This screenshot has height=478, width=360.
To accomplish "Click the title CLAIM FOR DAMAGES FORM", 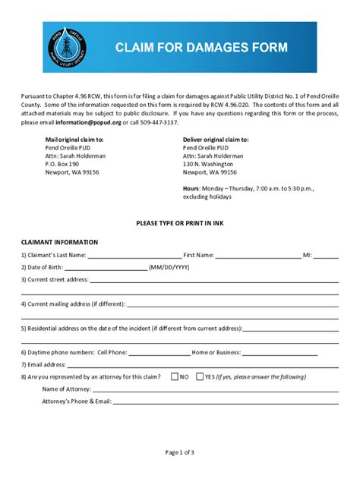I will click(201, 48).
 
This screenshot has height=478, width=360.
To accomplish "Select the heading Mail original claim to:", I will click(74, 140).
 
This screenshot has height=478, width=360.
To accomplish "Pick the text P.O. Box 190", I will click(62, 164).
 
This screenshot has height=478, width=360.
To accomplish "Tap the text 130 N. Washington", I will click(208, 164).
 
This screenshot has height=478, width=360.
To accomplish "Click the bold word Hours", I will click(191, 187).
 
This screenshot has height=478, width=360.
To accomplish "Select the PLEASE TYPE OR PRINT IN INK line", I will click(180, 224).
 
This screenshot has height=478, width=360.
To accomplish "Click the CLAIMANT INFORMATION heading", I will click(59, 243).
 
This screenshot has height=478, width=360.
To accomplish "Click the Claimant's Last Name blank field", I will click(134, 256).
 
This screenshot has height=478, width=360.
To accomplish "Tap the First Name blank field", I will click(258, 256).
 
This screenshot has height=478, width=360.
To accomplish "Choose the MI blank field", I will click(326, 256).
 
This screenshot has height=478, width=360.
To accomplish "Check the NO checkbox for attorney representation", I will click(175, 376).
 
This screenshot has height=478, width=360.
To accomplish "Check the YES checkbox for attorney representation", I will click(199, 376).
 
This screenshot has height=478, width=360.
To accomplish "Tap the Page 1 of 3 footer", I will click(180, 453).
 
